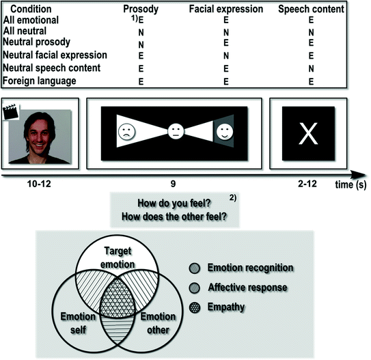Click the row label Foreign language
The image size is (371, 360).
[40, 81]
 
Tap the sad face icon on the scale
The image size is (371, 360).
[126, 130]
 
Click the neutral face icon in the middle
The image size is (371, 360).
[177, 130]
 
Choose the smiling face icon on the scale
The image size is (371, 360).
[225, 129]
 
